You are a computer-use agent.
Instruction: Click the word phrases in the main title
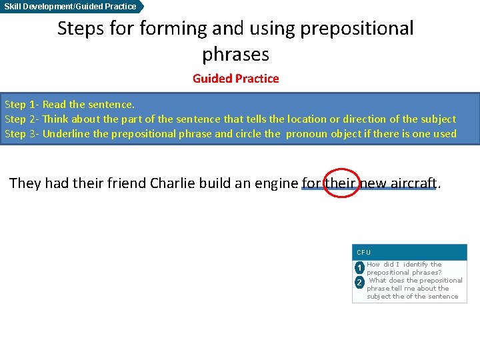pyautogui.click(x=235, y=54)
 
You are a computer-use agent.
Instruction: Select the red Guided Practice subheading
pyautogui.click(x=235, y=79)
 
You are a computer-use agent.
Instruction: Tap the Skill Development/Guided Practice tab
pyautogui.click(x=71, y=6)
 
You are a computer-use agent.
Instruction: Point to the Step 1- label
pyautogui.click(x=21, y=105)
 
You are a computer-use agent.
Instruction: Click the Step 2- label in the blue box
pyautogui.click(x=21, y=119)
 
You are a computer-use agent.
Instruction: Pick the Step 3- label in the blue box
pyautogui.click(x=21, y=134)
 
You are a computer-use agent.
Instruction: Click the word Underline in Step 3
pyautogui.click(x=67, y=134)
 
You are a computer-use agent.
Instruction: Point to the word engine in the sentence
pyautogui.click(x=275, y=183)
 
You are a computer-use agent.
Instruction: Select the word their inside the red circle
pyautogui.click(x=341, y=183)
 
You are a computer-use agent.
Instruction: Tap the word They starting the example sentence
pyautogui.click(x=25, y=183)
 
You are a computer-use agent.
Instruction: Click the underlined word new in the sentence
pyautogui.click(x=373, y=183)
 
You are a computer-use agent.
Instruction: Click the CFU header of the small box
pyautogui.click(x=364, y=253)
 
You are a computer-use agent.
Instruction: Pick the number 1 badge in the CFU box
pyautogui.click(x=359, y=268)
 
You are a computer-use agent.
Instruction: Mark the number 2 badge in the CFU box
pyautogui.click(x=359, y=283)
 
